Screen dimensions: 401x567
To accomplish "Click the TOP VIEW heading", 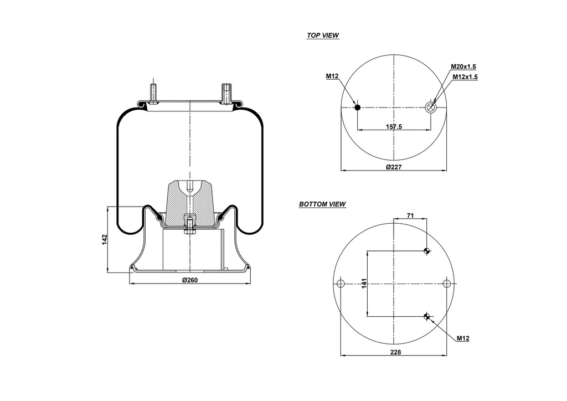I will tap(323, 35).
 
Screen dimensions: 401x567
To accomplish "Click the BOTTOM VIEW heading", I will tap(322, 204).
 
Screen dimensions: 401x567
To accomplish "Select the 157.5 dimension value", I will tap(393, 127).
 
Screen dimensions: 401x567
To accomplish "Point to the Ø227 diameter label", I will tap(393, 167).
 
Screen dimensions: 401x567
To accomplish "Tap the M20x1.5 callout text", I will tap(463, 66).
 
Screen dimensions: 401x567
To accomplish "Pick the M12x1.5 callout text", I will tap(465, 77).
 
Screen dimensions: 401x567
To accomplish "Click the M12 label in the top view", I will tap(332, 76).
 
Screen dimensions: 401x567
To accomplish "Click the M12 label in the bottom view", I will tap(463, 338).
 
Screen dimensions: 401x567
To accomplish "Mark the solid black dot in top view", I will tap(358, 107).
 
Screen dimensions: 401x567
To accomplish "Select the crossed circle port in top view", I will tap(430, 107).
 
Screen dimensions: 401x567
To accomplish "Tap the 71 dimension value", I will tap(410, 215).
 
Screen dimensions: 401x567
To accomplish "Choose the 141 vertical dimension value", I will tap(364, 284).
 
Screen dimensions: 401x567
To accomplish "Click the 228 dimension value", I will tap(395, 352).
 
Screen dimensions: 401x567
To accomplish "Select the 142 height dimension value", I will tap(104, 239).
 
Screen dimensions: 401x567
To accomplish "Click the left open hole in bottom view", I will tap(341, 284).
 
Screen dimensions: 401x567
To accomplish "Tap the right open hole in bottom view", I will tap(447, 284).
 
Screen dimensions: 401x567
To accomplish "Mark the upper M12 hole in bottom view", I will tap(426, 251).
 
